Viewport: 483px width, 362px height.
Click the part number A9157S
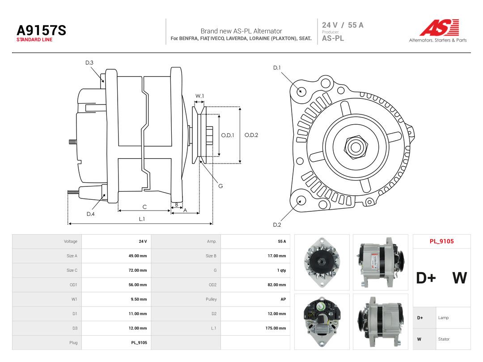41,30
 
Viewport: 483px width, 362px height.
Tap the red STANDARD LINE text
34,40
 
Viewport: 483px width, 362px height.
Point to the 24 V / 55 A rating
343,25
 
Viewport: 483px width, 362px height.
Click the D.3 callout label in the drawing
89,63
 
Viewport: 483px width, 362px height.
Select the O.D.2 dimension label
251,135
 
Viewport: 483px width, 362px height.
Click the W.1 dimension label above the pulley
199,96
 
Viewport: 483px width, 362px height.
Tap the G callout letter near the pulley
220,186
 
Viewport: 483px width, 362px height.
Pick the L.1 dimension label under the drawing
142,219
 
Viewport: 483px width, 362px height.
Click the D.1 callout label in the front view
277,68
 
